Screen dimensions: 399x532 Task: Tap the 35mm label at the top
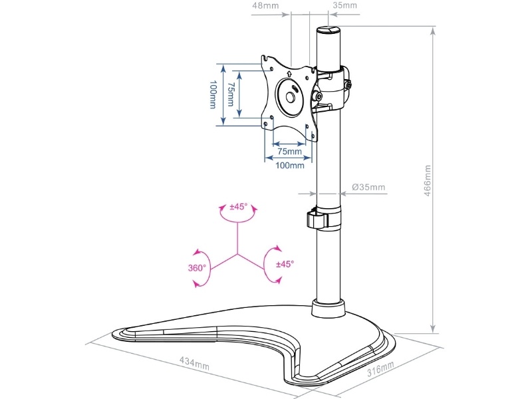coord(345,5)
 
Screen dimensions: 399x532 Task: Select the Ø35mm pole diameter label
coord(369,187)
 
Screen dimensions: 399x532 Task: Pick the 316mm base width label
coord(380,369)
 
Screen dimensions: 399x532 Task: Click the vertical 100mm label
coord(212,94)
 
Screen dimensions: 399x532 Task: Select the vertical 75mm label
coord(230,94)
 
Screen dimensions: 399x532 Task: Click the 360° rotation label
coord(197,269)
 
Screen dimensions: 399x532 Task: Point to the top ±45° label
coord(238,207)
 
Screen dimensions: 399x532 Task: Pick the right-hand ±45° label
coord(285,264)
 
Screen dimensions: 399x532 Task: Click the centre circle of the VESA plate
coord(291,95)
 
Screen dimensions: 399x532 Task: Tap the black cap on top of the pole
coord(328,31)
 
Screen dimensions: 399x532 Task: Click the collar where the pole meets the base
coord(329,309)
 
